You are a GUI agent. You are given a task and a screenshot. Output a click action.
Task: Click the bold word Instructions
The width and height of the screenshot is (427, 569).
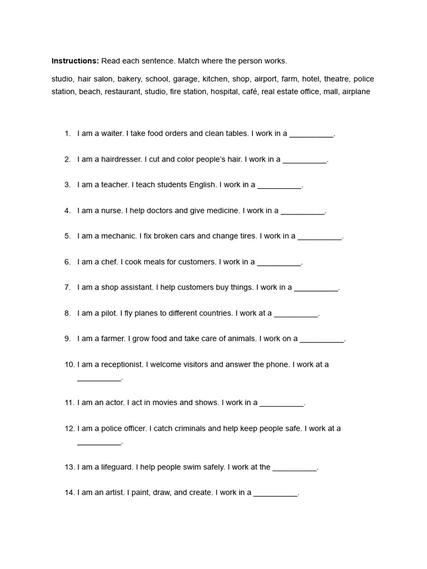75,61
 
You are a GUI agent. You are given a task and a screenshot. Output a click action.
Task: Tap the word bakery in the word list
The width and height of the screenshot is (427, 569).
129,79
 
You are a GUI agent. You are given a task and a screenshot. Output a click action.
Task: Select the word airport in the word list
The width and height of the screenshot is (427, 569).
265,79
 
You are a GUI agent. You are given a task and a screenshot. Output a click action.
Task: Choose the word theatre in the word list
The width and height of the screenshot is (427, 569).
336,79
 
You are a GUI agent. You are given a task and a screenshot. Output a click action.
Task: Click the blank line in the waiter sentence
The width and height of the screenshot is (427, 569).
311,134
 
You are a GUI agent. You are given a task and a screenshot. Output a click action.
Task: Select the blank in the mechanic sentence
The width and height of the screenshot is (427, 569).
320,237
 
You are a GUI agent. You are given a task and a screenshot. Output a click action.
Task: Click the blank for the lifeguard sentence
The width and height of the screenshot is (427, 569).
295,468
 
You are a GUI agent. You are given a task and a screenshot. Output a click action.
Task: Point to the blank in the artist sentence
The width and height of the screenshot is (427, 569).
275,494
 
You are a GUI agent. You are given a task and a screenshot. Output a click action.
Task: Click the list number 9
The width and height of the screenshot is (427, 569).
67,339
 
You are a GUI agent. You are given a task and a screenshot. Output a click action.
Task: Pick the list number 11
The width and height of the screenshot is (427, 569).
69,403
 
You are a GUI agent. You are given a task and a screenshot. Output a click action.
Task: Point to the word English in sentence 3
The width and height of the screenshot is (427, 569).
203,185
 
